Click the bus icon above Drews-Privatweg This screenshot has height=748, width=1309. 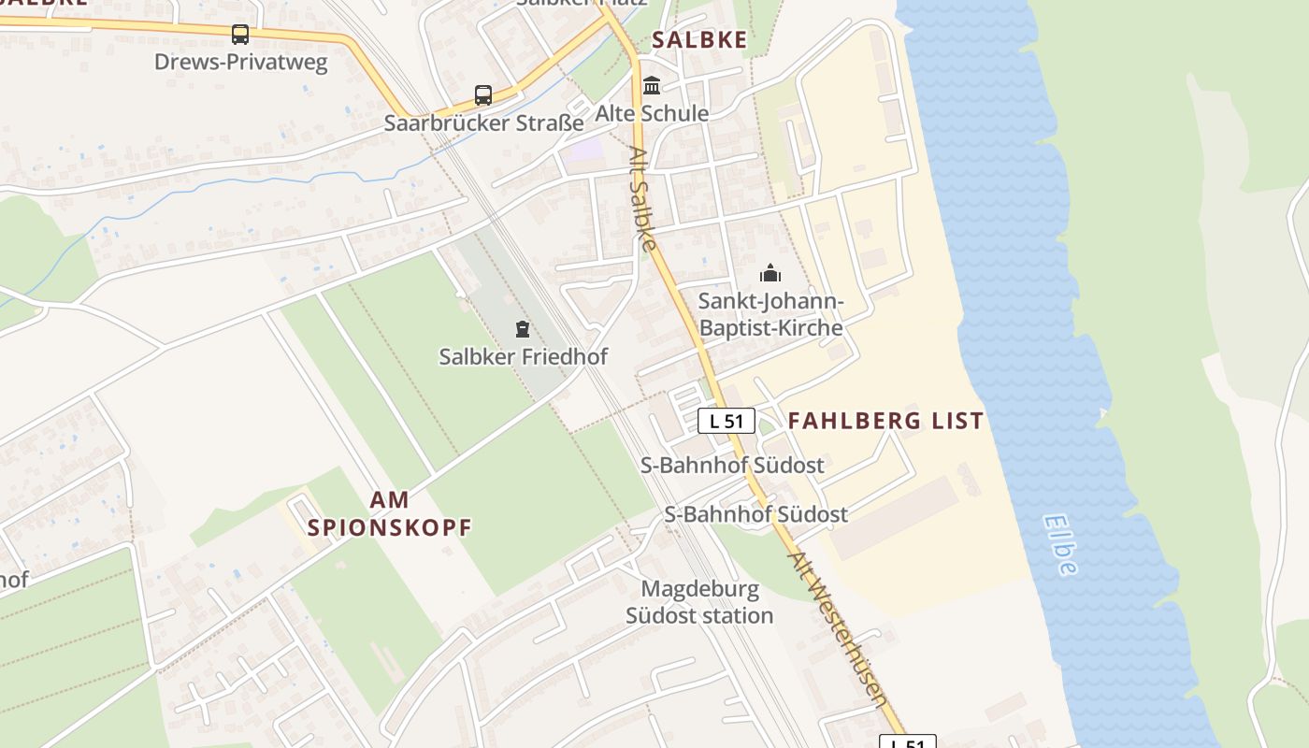240,35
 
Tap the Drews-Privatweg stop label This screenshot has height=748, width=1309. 241,63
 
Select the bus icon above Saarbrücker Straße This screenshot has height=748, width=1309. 482,94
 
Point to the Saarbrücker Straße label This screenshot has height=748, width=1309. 483,122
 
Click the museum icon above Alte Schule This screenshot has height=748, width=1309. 652,86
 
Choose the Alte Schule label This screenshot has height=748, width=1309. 652,113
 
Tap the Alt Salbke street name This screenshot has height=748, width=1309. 641,198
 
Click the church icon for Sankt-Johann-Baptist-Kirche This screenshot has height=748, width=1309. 770,273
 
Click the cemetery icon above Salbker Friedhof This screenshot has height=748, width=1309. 522,328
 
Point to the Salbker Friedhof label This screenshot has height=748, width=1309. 523,356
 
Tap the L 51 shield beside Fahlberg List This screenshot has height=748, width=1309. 726,421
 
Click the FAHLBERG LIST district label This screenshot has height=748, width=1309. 885,421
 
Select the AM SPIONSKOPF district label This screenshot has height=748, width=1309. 389,513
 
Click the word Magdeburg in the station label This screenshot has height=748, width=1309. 700,590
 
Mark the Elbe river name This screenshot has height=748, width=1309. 1060,544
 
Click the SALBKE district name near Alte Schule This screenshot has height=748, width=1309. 699,39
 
